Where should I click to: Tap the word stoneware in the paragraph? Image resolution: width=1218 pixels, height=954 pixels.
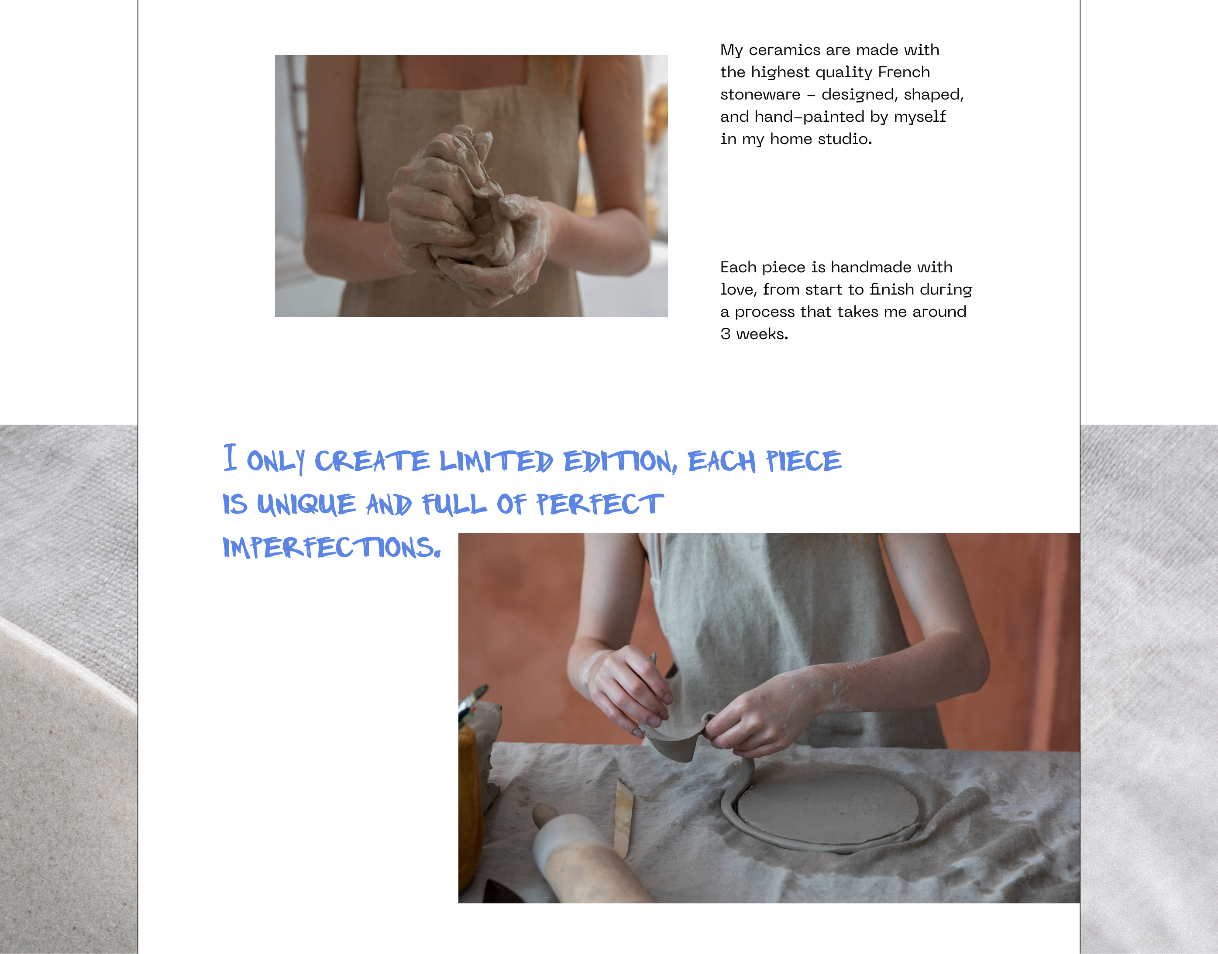760,94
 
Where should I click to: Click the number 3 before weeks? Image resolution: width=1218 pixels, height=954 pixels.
725,334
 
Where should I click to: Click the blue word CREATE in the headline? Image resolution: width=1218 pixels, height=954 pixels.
372,461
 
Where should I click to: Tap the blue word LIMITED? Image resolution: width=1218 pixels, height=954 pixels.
496,461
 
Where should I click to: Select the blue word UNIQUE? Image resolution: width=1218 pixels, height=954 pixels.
306,504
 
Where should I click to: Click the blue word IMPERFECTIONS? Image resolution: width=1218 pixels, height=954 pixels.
332,547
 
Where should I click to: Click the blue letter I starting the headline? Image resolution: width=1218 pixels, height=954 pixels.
230,457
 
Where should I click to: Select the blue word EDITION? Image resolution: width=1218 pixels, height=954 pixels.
620,462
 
